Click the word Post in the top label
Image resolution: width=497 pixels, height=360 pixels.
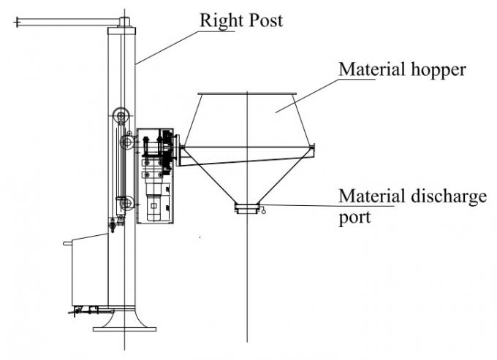(x=265, y=20)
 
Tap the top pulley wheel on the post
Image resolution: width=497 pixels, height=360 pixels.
(x=121, y=115)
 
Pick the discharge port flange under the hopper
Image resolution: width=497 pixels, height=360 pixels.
(x=247, y=210)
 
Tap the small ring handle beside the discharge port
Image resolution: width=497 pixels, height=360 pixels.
(x=263, y=212)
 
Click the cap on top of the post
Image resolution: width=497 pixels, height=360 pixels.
(x=124, y=23)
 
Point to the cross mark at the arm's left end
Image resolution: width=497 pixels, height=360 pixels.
(x=17, y=23)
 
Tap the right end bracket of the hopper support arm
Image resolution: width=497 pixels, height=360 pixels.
(x=313, y=150)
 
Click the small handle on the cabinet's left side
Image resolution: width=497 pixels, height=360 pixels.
(x=67, y=243)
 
